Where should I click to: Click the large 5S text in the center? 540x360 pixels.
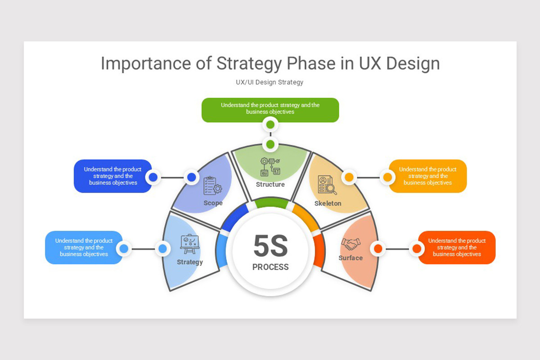270,246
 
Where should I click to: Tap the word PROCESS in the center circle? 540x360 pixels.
270,267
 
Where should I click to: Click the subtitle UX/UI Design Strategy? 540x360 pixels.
270,82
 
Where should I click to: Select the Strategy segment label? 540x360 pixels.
190,262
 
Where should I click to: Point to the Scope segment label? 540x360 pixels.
213,203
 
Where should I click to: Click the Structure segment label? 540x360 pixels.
270,184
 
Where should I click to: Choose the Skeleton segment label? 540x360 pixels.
328,203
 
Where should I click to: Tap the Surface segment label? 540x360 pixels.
351,258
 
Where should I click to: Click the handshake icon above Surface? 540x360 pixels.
351,243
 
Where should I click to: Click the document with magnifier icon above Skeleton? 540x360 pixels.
327,184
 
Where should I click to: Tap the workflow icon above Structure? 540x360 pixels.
270,166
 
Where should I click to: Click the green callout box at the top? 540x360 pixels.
270,109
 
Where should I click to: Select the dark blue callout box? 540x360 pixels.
113,176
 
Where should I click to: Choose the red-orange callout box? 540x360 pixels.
457,247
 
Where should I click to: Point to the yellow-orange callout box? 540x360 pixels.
427,176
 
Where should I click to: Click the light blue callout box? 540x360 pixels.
84,247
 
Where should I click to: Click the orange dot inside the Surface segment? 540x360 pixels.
378,248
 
